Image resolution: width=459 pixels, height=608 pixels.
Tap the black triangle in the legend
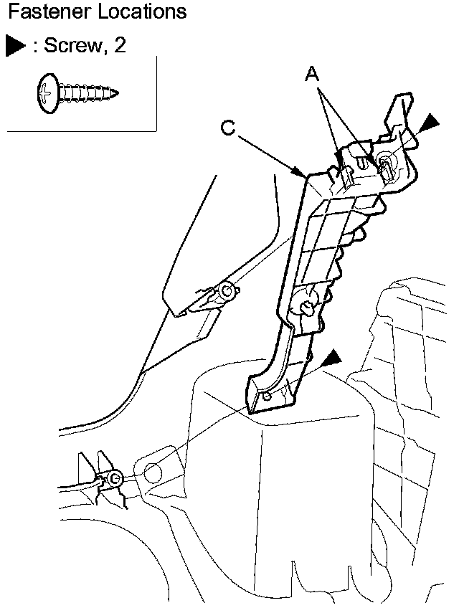pyautogui.click(x=15, y=47)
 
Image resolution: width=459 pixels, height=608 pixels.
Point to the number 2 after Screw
pyautogui.click(x=120, y=47)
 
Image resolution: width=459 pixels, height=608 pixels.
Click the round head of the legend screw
pyautogui.click(x=46, y=92)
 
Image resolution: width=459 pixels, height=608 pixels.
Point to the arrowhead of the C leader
pyautogui.click(x=304, y=175)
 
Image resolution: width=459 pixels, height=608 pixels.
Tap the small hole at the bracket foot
pyautogui.click(x=267, y=395)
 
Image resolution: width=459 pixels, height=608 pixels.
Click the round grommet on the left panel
pyautogui.click(x=228, y=290)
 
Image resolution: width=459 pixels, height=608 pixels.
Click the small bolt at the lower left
pyautogui.click(x=115, y=478)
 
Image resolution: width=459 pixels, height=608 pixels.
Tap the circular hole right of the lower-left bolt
pyautogui.click(x=153, y=472)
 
